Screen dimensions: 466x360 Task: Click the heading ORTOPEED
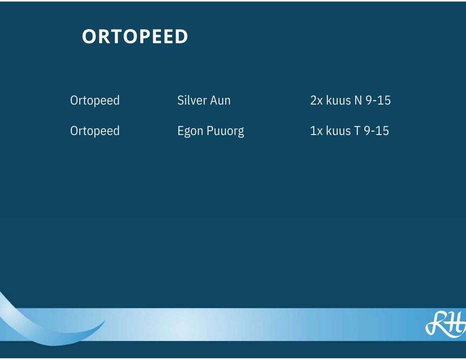click(x=135, y=37)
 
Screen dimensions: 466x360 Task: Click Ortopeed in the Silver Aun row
click(x=95, y=101)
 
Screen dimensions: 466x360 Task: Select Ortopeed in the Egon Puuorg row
click(x=95, y=131)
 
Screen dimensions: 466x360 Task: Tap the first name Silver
click(x=192, y=100)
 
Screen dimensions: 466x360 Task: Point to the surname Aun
click(x=220, y=101)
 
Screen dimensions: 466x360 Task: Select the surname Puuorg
click(x=225, y=131)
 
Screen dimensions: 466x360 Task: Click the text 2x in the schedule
click(x=316, y=101)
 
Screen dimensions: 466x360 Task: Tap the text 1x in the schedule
click(x=316, y=131)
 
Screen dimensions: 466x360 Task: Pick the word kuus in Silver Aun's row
click(x=338, y=100)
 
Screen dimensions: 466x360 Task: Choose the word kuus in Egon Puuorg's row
click(x=338, y=131)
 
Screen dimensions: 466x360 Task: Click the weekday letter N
click(x=358, y=101)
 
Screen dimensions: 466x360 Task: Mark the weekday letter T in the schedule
click(x=357, y=131)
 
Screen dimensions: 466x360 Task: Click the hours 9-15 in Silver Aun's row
click(x=378, y=101)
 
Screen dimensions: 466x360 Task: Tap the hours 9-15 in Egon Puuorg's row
click(x=376, y=131)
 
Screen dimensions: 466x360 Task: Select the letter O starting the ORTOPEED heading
click(x=89, y=37)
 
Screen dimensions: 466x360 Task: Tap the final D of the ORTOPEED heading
click(x=181, y=37)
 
